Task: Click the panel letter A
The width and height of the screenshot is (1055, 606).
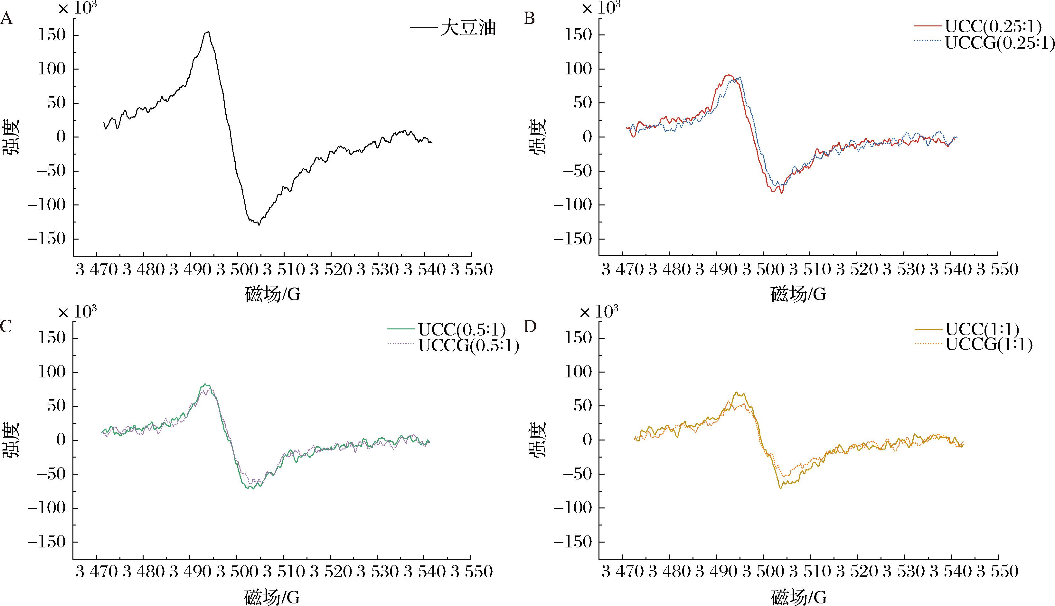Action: (7, 19)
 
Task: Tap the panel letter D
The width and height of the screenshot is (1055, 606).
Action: (530, 327)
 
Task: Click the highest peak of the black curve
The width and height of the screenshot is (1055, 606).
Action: (208, 32)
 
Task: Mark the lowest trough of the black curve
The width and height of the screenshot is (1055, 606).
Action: (259, 225)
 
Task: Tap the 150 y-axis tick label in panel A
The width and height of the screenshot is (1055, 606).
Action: (52, 35)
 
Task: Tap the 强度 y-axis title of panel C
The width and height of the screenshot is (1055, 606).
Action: (12, 440)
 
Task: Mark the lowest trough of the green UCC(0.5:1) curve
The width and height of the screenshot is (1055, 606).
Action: (252, 488)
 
